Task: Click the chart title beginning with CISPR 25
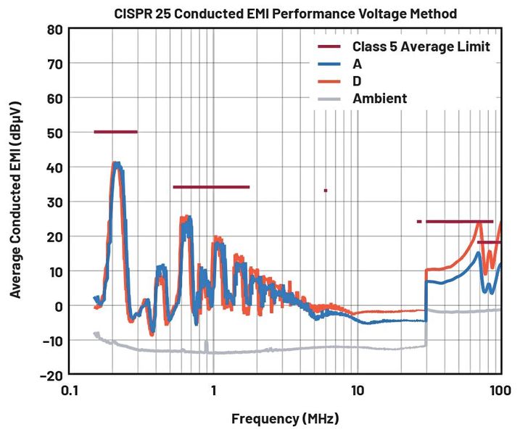286,14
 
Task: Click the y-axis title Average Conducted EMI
15,201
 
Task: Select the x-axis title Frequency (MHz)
285,418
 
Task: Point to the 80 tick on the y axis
54,29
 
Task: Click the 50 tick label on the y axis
54,133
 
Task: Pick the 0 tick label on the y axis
58,306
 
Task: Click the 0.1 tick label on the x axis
70,391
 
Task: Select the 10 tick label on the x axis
357,391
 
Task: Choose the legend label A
357,64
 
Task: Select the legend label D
357,80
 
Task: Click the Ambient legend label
379,98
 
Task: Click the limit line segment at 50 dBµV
115,132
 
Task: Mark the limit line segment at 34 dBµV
211,187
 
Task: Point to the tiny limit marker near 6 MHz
326,191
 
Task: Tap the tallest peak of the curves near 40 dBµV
116,165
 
